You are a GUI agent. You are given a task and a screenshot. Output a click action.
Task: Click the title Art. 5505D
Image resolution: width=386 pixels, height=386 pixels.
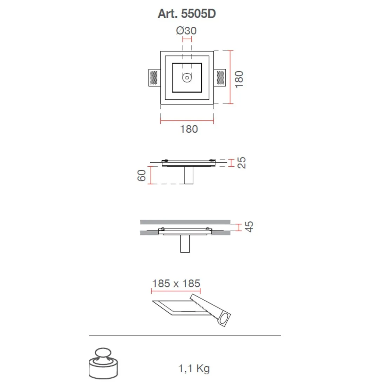click(x=187, y=14)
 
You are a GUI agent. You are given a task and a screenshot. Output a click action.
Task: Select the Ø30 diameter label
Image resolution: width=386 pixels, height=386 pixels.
click(x=186, y=31)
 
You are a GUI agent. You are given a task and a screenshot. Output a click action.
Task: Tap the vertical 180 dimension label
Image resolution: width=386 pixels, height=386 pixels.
click(x=239, y=79)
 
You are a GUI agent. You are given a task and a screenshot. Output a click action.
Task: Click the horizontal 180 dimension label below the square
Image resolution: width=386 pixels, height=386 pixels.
click(x=189, y=129)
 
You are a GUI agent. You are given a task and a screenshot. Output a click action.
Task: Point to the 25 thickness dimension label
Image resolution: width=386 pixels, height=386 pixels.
click(x=242, y=163)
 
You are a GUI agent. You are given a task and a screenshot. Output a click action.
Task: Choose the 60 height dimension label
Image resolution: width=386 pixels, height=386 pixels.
click(x=141, y=175)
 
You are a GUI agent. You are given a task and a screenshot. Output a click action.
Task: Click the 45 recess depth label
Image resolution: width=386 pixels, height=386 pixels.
click(x=248, y=227)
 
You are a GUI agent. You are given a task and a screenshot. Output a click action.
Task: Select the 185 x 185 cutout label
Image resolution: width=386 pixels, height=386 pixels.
click(x=176, y=284)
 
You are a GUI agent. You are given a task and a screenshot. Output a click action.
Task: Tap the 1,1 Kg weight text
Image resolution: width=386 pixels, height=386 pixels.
click(x=194, y=368)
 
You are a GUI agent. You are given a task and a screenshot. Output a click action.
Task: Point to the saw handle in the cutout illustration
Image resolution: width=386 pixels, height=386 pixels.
click(x=224, y=318)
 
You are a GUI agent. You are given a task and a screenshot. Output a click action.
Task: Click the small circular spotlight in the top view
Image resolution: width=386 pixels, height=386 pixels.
click(x=187, y=77)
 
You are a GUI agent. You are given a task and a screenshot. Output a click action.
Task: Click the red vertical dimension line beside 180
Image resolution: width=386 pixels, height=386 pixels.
click(x=231, y=77)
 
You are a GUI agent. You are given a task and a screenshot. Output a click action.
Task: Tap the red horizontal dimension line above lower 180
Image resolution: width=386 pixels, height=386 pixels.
click(x=187, y=121)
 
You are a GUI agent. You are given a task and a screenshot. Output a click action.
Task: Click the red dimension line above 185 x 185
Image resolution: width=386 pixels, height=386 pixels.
click(x=176, y=291)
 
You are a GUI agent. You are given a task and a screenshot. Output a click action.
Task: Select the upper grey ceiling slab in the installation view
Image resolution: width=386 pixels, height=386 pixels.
click(x=185, y=222)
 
